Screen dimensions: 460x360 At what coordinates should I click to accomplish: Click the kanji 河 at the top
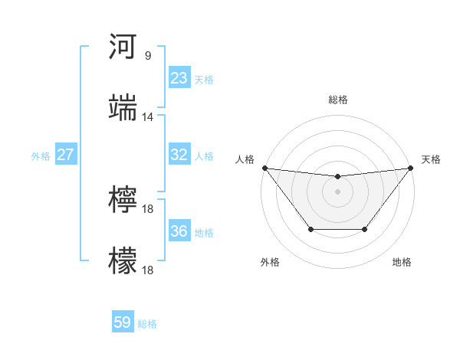(123, 47)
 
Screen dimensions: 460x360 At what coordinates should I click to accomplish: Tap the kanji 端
(123, 108)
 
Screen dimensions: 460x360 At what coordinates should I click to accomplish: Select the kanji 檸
(123, 200)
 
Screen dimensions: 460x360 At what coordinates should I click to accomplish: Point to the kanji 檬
(123, 261)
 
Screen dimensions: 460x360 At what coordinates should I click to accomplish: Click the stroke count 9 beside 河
(147, 55)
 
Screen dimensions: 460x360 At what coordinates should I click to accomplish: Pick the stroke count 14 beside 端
(148, 116)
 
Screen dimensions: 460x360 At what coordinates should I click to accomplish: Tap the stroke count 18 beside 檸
(148, 208)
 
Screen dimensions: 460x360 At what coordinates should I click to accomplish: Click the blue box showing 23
(179, 78)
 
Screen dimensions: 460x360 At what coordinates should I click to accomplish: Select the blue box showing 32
(179, 155)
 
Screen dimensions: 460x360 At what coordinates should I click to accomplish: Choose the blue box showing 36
(179, 231)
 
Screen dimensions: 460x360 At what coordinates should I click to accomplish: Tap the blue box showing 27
(66, 155)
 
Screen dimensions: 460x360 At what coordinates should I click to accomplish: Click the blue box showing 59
(123, 322)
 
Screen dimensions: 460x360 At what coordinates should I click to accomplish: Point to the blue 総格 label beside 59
(147, 324)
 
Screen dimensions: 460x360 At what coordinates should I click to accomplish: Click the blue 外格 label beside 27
(41, 156)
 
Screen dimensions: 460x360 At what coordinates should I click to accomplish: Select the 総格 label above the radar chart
(338, 100)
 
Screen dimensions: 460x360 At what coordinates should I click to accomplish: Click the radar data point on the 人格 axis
(264, 168)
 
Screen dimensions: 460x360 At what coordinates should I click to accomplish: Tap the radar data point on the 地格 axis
(365, 229)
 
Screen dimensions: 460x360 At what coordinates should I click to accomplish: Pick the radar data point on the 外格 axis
(310, 229)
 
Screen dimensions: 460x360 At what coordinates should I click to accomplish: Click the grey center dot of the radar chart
(338, 191)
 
